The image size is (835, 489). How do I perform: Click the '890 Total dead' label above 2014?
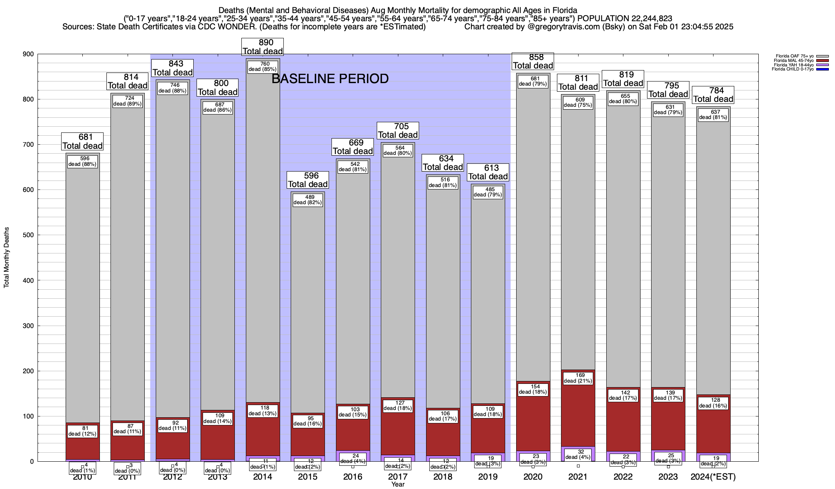tap(263, 47)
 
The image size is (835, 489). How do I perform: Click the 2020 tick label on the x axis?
tap(533, 477)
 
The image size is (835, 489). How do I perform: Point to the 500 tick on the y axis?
tap(28, 235)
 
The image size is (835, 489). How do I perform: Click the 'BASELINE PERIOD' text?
tap(330, 79)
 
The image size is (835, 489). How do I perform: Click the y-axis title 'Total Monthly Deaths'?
tap(7, 258)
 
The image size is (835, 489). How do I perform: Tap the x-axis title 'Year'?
tap(398, 485)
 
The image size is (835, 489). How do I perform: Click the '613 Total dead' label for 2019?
tap(488, 172)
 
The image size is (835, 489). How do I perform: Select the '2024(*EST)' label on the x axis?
tap(713, 477)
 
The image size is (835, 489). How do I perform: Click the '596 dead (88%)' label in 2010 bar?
tap(82, 161)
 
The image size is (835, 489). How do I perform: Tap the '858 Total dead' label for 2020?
tap(533, 62)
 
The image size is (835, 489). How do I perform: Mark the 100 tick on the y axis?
tap(28, 416)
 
